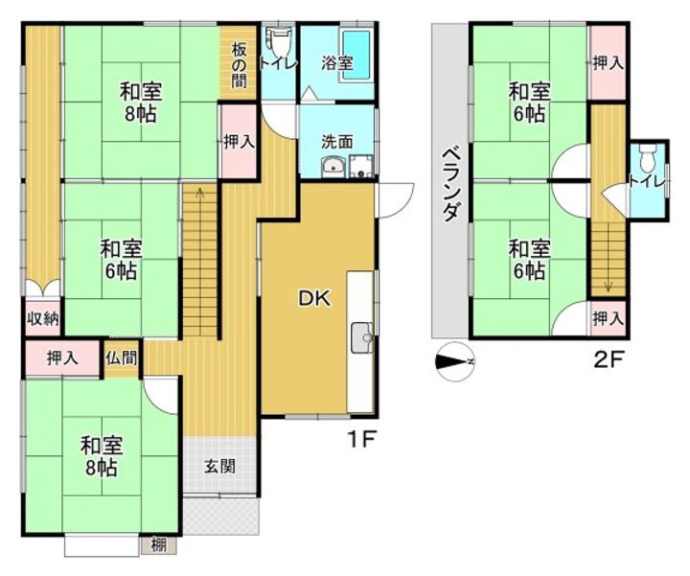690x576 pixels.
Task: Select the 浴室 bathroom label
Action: click(336, 63)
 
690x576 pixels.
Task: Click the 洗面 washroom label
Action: click(336, 141)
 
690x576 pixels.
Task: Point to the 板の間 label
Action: click(237, 64)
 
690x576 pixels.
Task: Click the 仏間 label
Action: click(122, 358)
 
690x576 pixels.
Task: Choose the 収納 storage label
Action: click(41, 318)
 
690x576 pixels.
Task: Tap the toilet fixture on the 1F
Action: click(278, 42)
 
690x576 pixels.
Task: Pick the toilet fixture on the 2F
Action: click(647, 154)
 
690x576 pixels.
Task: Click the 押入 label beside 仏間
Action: click(63, 358)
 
